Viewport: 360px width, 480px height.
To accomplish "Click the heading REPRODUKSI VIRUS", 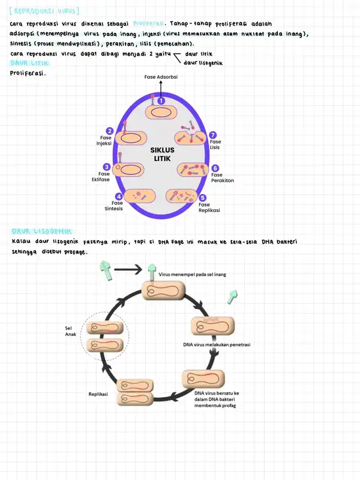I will point(45,11).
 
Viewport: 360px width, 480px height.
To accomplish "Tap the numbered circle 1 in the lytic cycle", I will point(161,101).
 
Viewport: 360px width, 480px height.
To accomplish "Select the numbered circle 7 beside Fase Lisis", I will point(213,135).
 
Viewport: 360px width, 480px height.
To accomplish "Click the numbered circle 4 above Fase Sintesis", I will point(119,196).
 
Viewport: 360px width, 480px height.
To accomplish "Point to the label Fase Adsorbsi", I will point(160,77).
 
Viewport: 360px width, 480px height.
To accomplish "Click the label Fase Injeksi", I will point(105,140).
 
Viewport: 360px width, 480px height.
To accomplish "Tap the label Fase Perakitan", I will point(222,178).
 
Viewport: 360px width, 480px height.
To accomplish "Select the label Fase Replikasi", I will point(209,208).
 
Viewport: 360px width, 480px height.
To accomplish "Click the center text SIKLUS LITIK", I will point(163,154).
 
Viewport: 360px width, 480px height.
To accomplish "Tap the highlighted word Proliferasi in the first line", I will point(148,24).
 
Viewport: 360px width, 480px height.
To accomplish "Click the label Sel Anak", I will point(70,331).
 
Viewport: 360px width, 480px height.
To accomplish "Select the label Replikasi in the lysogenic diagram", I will point(98,394).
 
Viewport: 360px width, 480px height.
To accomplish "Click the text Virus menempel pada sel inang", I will point(193,275).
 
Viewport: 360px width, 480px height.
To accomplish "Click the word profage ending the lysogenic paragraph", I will point(75,252).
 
